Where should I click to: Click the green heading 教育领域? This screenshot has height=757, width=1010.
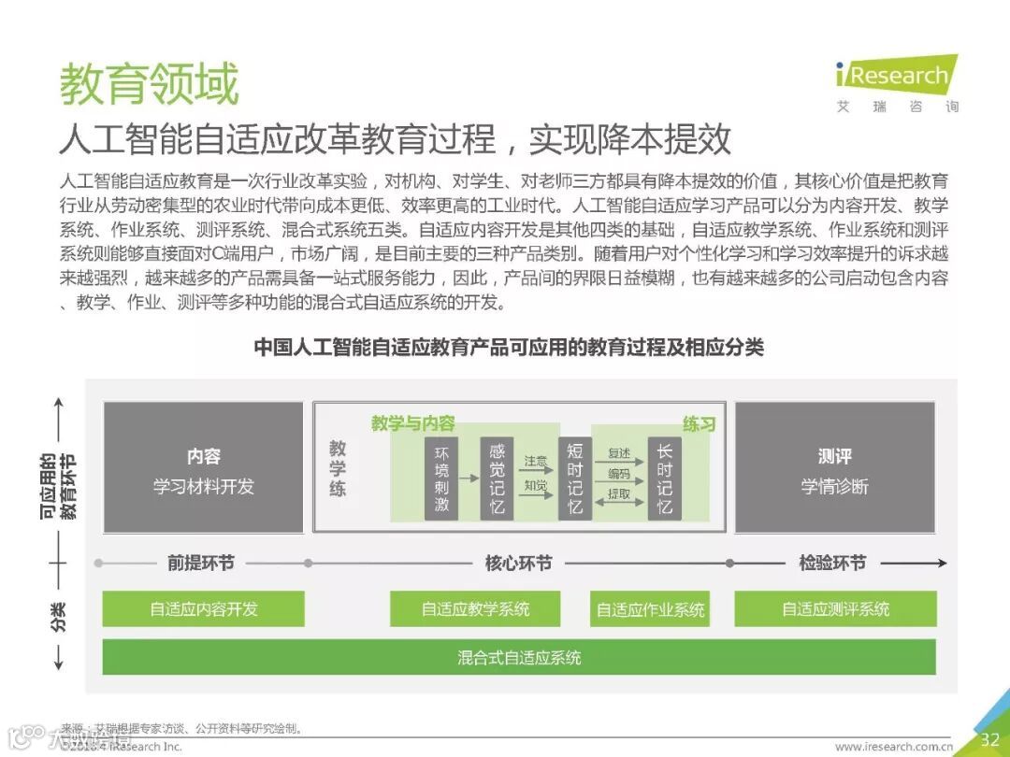[150, 84]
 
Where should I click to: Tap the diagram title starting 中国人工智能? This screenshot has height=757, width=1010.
[509, 348]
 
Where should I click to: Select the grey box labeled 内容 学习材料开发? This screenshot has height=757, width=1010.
[203, 468]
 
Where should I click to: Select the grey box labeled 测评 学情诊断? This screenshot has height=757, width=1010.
[834, 468]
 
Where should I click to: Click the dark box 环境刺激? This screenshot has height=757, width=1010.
[441, 478]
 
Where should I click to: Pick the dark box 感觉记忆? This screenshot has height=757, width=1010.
[497, 478]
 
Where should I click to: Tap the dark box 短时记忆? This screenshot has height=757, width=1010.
[574, 478]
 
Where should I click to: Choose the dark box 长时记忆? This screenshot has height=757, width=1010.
[664, 478]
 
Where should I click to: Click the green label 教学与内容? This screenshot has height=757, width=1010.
[412, 423]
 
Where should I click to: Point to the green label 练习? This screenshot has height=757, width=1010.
[699, 424]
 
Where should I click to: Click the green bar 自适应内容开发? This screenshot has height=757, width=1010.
[203, 609]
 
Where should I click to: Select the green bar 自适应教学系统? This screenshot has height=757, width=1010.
[475, 609]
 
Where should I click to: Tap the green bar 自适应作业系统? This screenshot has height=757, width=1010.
[651, 610]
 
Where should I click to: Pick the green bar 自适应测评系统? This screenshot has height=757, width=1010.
[835, 609]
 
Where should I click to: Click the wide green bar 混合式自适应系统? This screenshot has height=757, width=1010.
[519, 657]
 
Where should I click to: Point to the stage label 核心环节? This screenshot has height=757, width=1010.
[518, 564]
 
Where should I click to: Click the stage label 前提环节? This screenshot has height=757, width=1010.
[201, 564]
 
